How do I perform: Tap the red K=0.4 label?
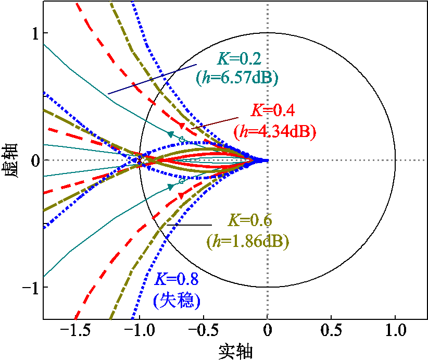pyautogui.click(x=274, y=110)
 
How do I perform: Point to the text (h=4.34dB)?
pyautogui.click(x=275, y=131)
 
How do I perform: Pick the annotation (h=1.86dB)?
pyautogui.click(x=248, y=242)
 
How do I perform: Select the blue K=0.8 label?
pyautogui.click(x=176, y=279)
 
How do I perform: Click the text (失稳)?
pyautogui.click(x=177, y=300)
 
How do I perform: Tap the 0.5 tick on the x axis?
pyautogui.click(x=331, y=331)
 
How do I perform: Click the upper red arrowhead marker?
pyautogui.click(x=181, y=126)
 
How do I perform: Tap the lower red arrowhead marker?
pyautogui.click(x=181, y=195)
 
